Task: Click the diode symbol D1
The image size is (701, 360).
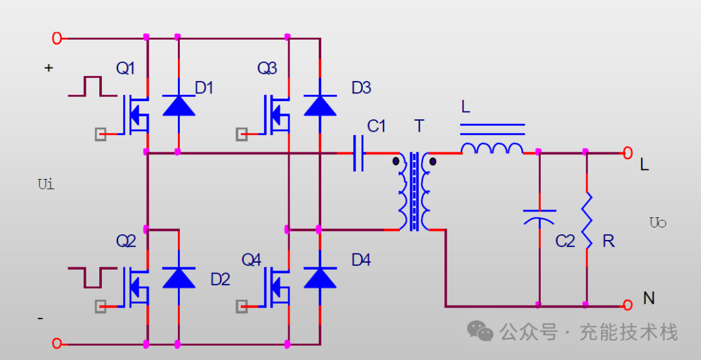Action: [179, 106]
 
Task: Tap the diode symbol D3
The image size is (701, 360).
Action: [320, 106]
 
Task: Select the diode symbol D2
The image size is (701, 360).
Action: [179, 278]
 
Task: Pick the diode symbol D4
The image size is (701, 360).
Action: [320, 278]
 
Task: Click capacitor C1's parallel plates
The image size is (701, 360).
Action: [358, 153]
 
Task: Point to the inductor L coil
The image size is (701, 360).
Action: [492, 149]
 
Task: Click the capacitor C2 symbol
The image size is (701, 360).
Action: [539, 217]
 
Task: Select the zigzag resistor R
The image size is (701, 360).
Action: [587, 220]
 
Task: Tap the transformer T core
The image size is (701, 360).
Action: [414, 191]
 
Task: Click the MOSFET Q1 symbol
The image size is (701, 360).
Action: [134, 115]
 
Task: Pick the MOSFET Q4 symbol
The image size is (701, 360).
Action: [275, 287]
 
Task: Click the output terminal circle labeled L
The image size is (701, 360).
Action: [628, 153]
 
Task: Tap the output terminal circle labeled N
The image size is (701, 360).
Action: [628, 305]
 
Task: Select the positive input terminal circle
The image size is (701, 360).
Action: [56, 38]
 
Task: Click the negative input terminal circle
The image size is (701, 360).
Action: [56, 344]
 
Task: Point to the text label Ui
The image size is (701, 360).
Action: [47, 184]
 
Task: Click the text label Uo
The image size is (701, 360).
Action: [658, 222]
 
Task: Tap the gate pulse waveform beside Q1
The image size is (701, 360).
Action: [93, 86]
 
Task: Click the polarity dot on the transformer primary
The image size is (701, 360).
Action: [396, 162]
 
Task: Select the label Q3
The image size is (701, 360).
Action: [267, 68]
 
